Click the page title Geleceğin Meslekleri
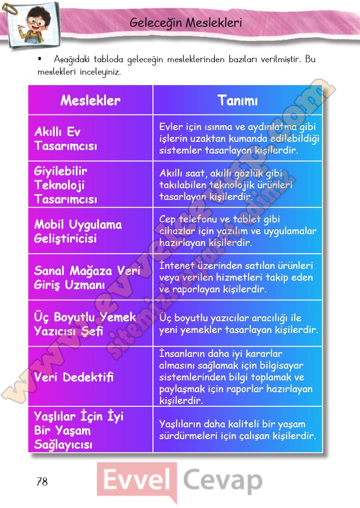coord(186,23)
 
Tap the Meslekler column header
coord(90,101)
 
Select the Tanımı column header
coord(237,101)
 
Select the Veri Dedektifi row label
coord(74,377)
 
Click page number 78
coord(42,482)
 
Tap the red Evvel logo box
coord(136,481)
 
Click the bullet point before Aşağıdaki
coord(41,59)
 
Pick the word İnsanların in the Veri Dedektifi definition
coord(183,353)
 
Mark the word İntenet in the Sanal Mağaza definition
coord(176,266)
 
